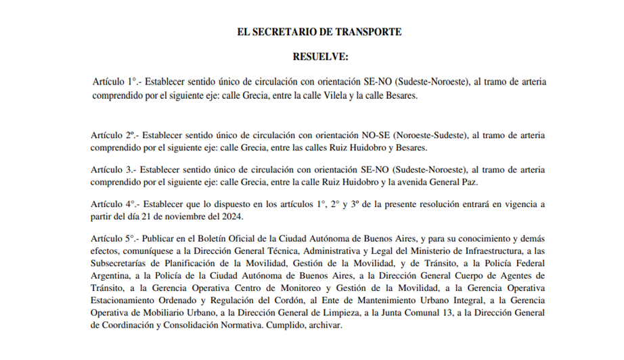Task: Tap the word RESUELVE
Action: (321, 56)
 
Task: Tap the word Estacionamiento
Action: (122, 301)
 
